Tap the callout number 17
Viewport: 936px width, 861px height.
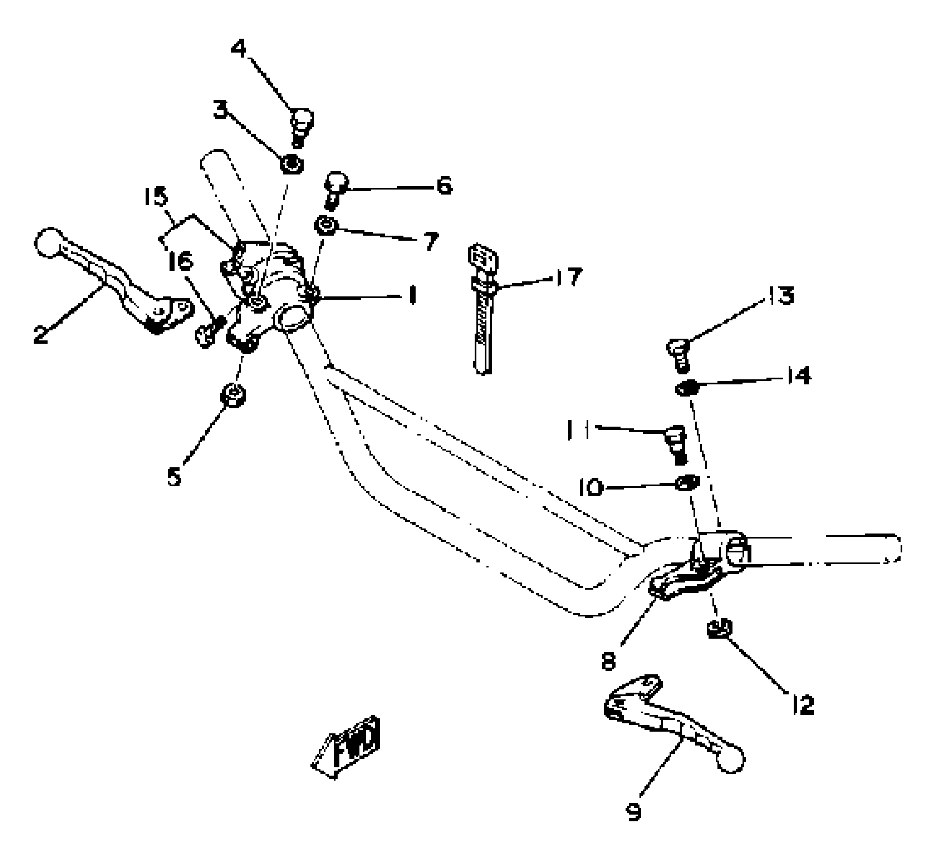coord(569,278)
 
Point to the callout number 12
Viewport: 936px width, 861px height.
coord(802,705)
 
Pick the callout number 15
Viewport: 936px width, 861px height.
coord(155,197)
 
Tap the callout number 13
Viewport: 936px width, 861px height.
coord(781,295)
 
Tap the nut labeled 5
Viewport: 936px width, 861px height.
coord(233,394)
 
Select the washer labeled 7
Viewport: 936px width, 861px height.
coord(325,225)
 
